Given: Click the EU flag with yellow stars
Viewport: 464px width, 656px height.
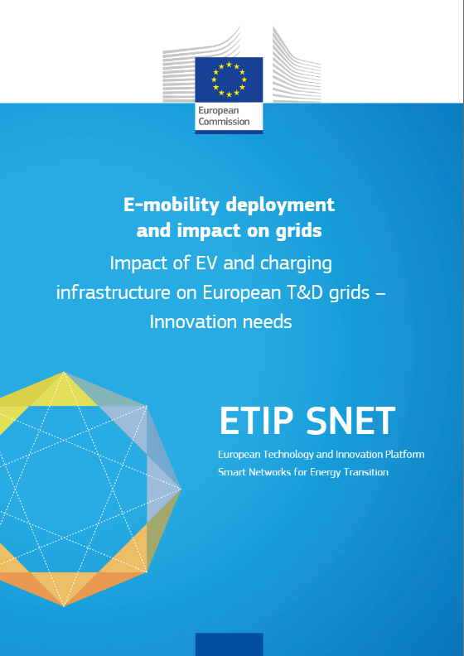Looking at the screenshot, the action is pos(229,80).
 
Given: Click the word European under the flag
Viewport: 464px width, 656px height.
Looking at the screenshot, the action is pos(219,110).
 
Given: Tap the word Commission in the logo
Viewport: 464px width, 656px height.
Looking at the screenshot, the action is pos(224,122).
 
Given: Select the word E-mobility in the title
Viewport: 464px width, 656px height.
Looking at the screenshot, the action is pos(172,205).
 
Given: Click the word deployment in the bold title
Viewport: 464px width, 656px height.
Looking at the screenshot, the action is pos(280,205).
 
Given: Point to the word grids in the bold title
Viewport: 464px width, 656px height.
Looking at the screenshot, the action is pos(299,230).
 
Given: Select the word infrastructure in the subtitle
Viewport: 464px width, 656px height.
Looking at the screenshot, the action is pos(114,292).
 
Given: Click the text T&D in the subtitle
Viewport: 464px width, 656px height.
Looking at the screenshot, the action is pos(305,292).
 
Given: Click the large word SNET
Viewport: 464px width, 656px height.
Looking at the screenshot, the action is pos(350,421).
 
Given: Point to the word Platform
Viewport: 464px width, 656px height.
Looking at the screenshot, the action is pos(405,455).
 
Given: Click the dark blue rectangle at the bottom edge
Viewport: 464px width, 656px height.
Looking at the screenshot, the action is pos(230,644).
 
